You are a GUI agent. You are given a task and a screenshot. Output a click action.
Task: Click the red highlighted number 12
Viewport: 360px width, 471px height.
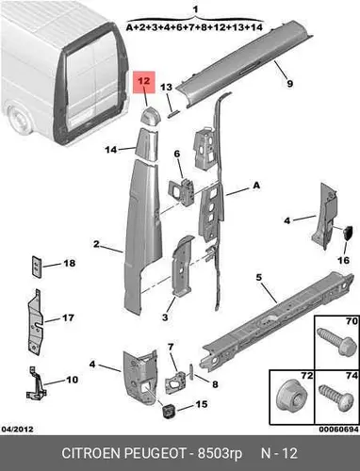(x=144, y=81)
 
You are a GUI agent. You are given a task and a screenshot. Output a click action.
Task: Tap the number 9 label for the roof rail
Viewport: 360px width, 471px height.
(x=289, y=84)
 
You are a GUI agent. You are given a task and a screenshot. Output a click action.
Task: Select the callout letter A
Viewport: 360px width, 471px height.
(x=256, y=186)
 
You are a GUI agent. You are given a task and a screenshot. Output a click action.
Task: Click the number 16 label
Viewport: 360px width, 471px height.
(x=343, y=260)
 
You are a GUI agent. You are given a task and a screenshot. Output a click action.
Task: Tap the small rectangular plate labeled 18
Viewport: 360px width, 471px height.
(x=37, y=267)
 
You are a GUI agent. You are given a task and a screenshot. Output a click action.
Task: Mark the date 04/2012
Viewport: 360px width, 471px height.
(x=17, y=429)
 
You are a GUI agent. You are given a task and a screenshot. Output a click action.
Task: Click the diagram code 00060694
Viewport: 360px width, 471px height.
(x=338, y=430)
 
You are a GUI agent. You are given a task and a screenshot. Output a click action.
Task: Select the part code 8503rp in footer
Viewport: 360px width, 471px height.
(x=220, y=454)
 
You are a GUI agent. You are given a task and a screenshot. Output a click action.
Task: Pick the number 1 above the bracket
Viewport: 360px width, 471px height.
(x=195, y=9)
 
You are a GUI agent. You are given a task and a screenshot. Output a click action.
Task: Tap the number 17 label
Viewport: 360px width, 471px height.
(x=68, y=317)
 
